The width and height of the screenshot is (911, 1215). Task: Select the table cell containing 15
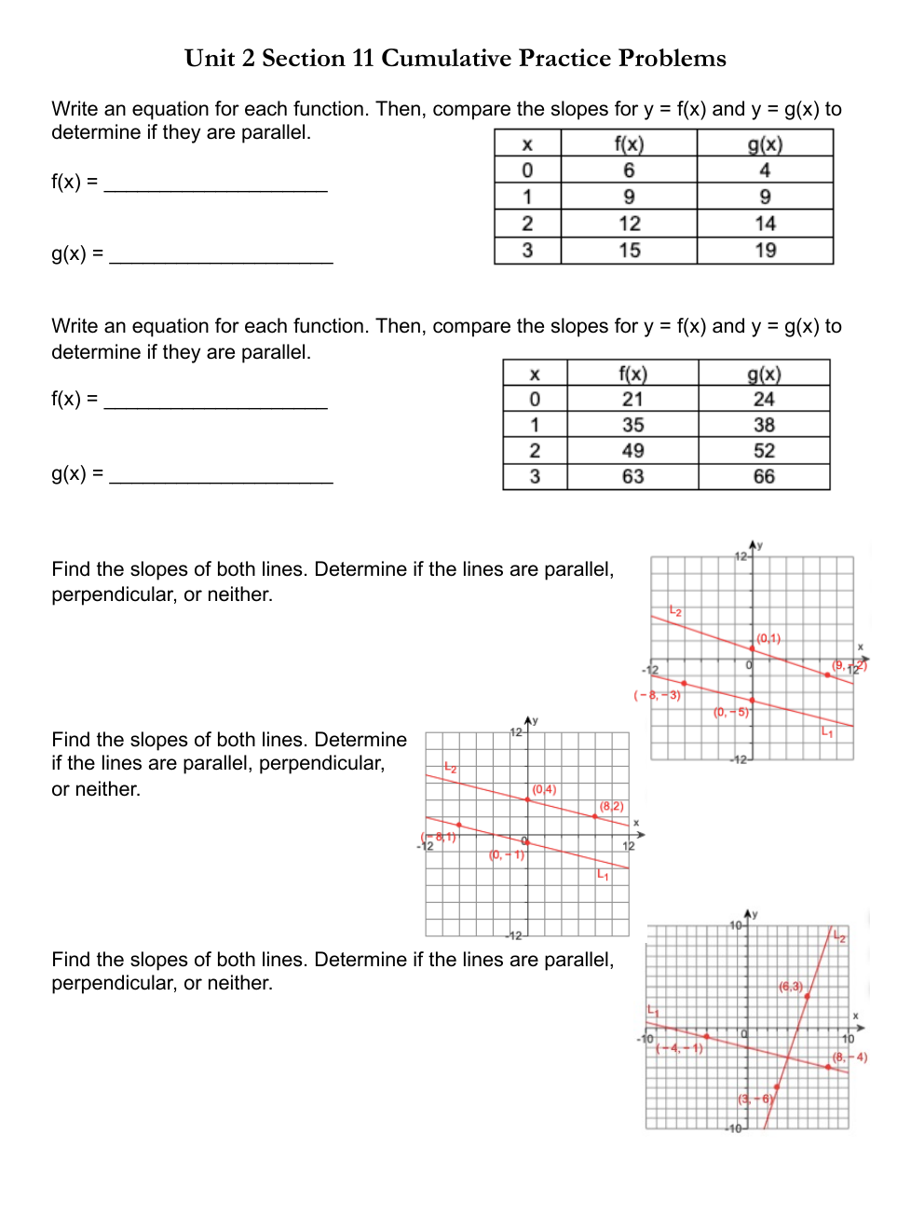click(x=629, y=251)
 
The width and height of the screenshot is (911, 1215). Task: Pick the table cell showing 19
click(x=765, y=251)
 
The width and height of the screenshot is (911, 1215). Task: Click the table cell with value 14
click(x=765, y=224)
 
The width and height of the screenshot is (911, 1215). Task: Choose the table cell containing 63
click(x=632, y=477)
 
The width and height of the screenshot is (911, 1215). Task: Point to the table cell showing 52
click(x=764, y=451)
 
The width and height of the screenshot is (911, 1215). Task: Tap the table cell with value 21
click(x=632, y=400)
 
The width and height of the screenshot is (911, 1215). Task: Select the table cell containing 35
click(x=632, y=425)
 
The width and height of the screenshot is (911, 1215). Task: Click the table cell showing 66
click(x=764, y=477)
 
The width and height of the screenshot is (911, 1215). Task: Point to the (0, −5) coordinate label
click(x=731, y=712)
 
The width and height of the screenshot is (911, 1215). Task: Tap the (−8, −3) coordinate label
click(x=658, y=695)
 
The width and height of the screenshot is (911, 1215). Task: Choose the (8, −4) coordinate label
click(x=850, y=1058)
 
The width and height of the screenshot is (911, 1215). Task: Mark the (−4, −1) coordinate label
click(x=679, y=1048)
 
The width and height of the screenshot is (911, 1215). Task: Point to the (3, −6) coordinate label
click(x=755, y=1099)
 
